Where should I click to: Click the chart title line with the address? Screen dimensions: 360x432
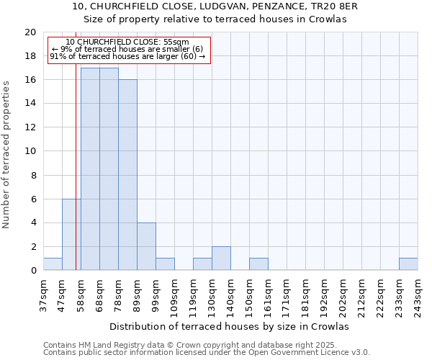click(x=215, y=6)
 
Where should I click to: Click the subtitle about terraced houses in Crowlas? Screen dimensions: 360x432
click(x=215, y=19)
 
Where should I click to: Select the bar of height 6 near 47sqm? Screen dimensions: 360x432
click(x=71, y=235)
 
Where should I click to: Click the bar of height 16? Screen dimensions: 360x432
click(x=127, y=175)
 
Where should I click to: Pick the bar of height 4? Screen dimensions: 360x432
click(x=146, y=246)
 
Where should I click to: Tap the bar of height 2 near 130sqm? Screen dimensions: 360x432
click(x=221, y=258)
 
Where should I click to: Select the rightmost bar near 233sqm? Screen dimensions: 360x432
click(x=408, y=264)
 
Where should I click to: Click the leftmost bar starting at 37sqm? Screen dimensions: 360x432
click(x=53, y=264)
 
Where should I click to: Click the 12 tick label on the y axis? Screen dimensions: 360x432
click(x=30, y=127)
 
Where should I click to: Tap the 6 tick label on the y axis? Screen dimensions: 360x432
click(x=33, y=199)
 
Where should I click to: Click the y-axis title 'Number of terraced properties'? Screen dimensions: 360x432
click(x=6, y=155)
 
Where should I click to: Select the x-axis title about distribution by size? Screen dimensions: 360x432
click(x=230, y=326)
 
